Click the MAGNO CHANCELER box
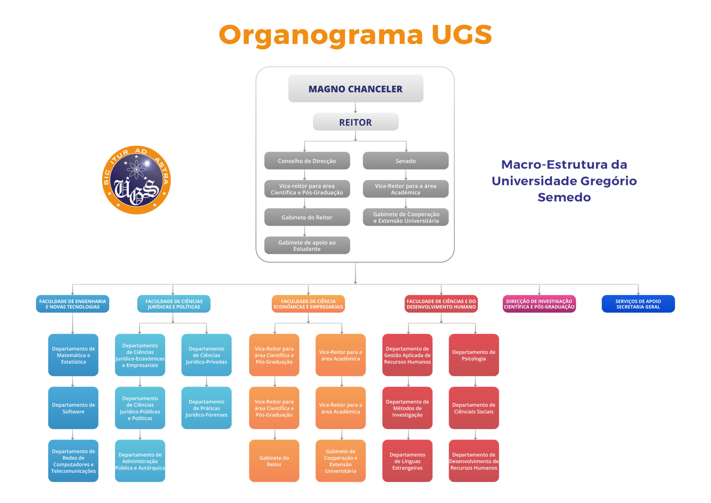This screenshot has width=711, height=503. [355, 89]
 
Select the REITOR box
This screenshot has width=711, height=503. [355, 122]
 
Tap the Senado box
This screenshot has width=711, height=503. [405, 161]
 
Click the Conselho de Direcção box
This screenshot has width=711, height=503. [307, 161]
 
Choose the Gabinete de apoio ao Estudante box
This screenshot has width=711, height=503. [307, 245]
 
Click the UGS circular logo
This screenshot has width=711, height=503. [136, 180]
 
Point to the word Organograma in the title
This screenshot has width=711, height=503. [321, 35]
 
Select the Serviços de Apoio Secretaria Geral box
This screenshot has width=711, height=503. [638, 304]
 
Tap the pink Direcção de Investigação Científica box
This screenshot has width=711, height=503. [539, 304]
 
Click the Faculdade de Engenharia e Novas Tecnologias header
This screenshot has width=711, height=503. [73, 304]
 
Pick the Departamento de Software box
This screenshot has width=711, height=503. [73, 408]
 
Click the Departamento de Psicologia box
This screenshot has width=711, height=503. [474, 355]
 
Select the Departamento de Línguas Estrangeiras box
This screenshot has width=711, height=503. [407, 461]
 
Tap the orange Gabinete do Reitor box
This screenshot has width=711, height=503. [274, 461]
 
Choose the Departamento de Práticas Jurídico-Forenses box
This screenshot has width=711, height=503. [206, 408]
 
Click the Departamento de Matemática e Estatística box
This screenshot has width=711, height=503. [73, 355]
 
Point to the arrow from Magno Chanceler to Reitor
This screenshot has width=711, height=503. [355, 108]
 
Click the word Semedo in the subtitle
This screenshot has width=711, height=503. [564, 197]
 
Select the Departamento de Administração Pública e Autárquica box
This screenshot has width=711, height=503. [140, 461]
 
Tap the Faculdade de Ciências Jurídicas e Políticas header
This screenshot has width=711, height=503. [174, 304]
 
